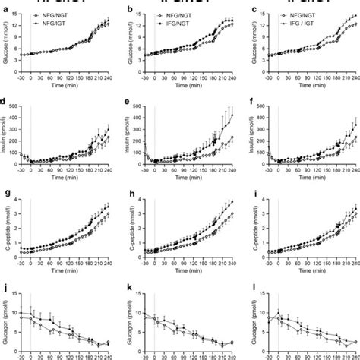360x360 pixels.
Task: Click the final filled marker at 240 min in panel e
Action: [x=231, y=115]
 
